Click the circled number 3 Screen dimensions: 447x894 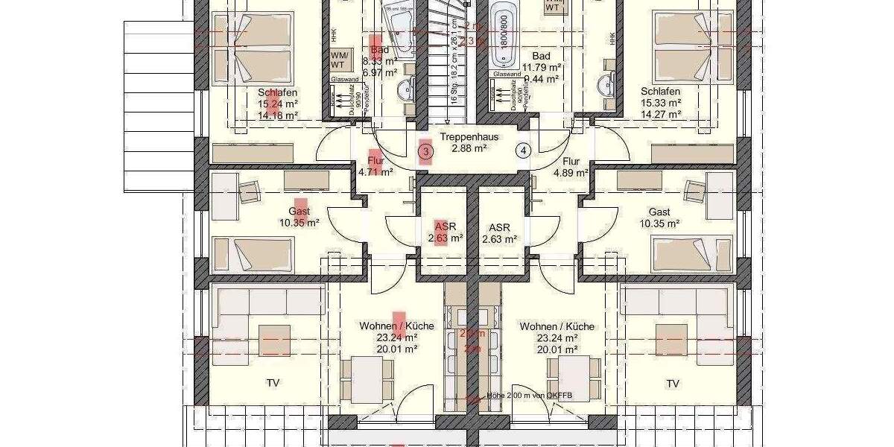(425, 153)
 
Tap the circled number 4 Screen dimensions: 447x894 (524, 150)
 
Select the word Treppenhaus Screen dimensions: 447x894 (469, 137)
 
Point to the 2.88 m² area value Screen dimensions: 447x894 (469, 149)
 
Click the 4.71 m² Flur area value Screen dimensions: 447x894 (375, 172)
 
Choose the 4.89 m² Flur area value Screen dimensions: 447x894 (571, 173)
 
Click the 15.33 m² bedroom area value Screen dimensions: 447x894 (661, 104)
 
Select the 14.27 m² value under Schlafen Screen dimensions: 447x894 (661, 115)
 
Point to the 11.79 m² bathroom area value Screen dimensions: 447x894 (545, 68)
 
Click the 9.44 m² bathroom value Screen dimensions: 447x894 (545, 77)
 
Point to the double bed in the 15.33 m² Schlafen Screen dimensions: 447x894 (682, 49)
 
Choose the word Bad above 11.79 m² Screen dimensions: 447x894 (542, 56)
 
